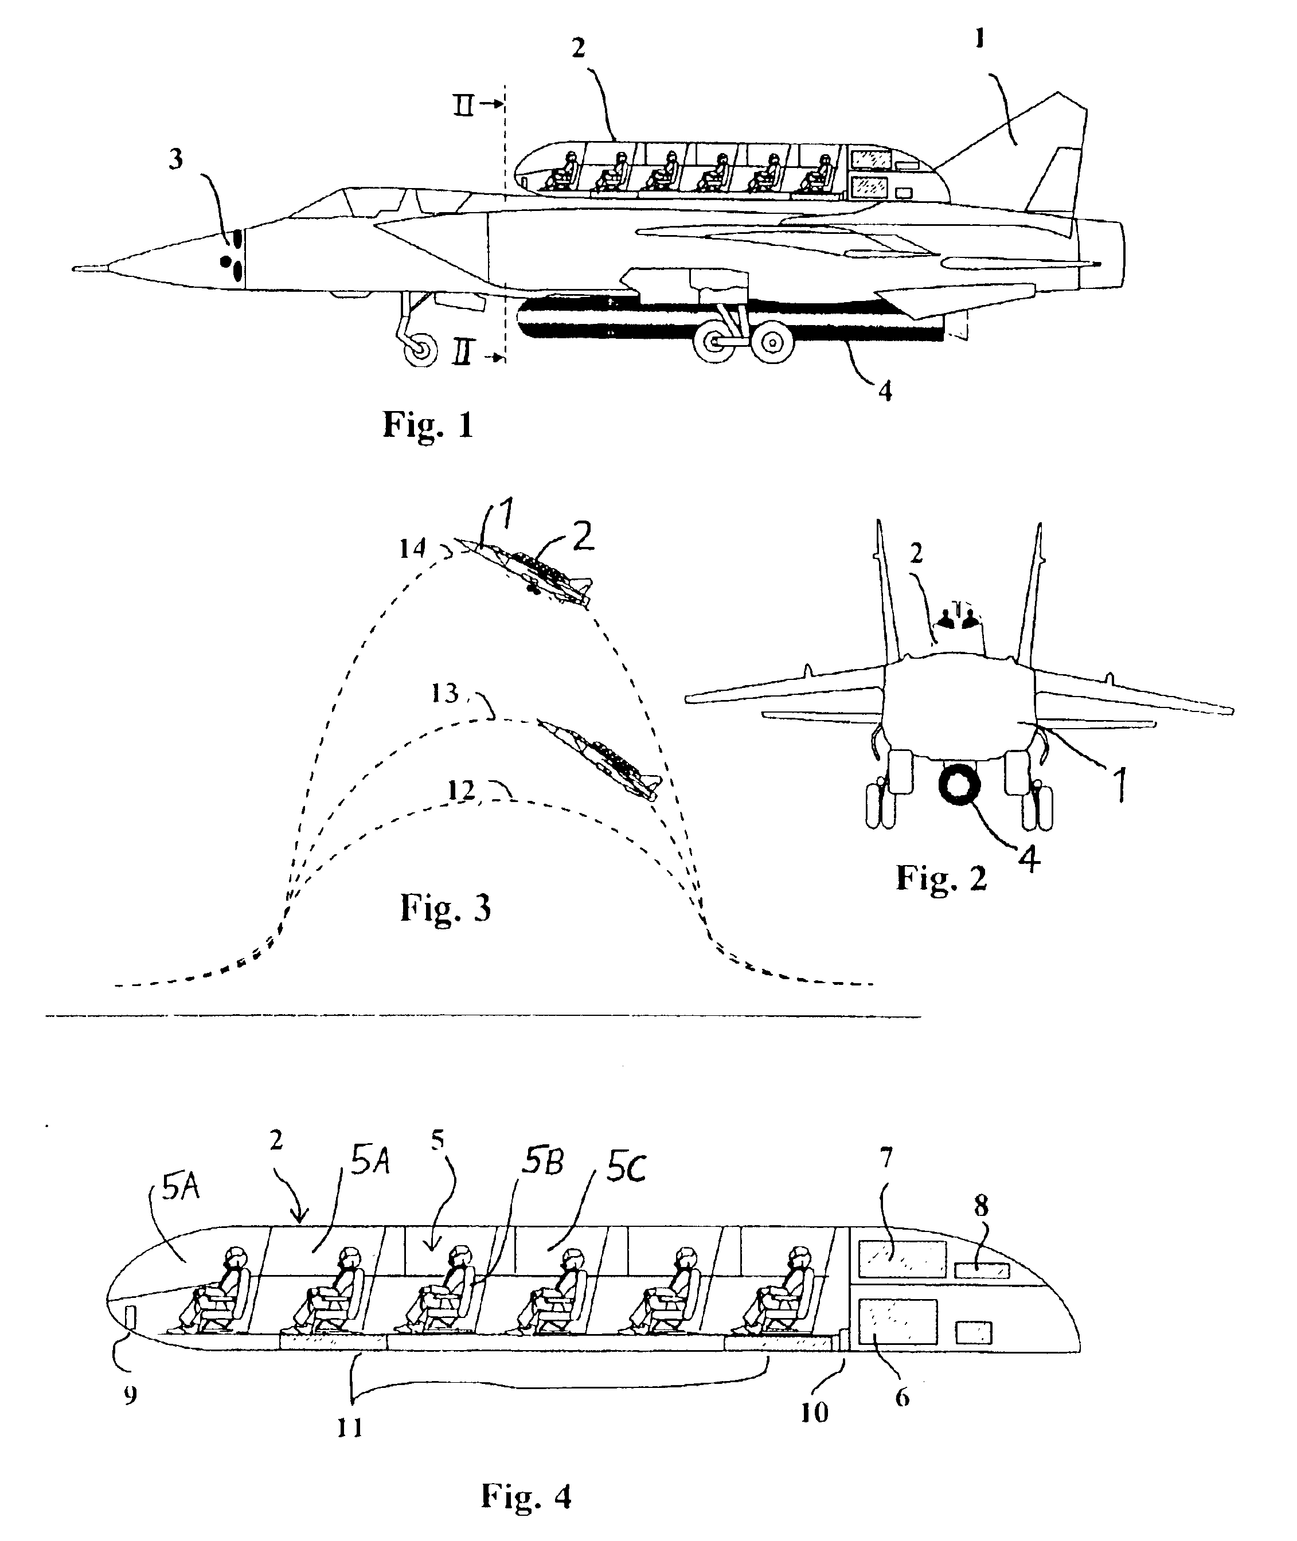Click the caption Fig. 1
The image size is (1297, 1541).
click(x=428, y=425)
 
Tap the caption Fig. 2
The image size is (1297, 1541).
click(x=940, y=877)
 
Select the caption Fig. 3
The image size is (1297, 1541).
click(x=446, y=908)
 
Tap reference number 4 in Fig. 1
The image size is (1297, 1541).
click(x=885, y=390)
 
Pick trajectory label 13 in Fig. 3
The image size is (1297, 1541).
click(x=446, y=693)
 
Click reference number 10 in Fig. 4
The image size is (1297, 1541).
click(x=814, y=1411)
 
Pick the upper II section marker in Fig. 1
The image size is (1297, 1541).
click(x=463, y=106)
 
